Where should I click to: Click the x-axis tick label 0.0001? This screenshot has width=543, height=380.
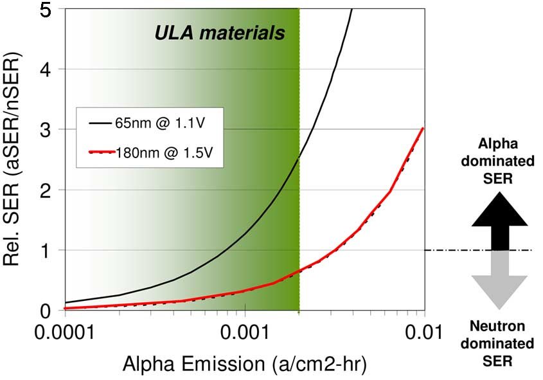pyautogui.click(x=64, y=333)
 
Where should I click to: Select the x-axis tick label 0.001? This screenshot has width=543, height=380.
pyautogui.click(x=245, y=333)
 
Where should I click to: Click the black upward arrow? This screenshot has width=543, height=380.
pyautogui.click(x=499, y=222)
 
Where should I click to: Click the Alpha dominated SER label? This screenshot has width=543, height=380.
pyautogui.click(x=499, y=161)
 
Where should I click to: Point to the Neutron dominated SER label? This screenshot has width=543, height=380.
pyautogui.click(x=499, y=344)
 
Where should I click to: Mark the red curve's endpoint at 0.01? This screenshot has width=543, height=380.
pyautogui.click(x=422, y=129)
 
